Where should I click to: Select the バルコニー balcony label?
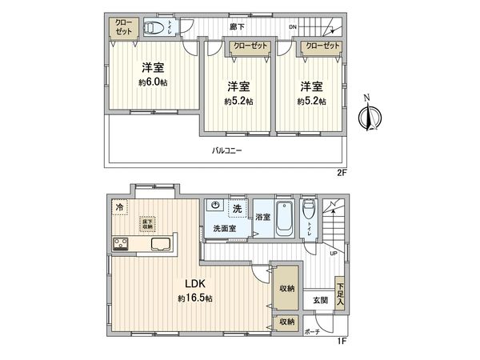[227, 150]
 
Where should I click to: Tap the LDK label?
[197, 284]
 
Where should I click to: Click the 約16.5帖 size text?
[197, 298]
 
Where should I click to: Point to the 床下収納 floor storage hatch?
[147, 223]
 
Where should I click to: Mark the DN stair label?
[293, 27]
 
